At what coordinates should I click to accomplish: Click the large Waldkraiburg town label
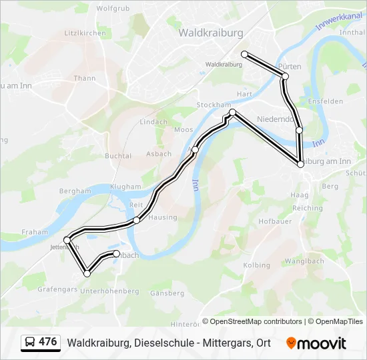point(210,32)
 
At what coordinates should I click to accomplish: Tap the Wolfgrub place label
point(112,9)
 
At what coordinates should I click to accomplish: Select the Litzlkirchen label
point(85,33)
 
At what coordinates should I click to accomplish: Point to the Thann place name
point(85,78)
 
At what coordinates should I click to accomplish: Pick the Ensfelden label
point(326,101)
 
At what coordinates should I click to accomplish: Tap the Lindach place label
point(153,122)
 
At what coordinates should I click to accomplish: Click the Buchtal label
point(117,155)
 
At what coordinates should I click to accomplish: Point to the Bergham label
point(75,191)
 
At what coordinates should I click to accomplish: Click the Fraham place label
point(35,232)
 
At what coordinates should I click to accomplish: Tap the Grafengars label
point(59,290)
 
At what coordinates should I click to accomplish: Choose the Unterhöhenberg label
point(109,291)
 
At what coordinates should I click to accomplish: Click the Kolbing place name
point(257,265)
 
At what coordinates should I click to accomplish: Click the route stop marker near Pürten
point(285,77)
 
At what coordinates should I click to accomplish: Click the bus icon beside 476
point(29,342)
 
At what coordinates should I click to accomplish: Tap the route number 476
point(47,342)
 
